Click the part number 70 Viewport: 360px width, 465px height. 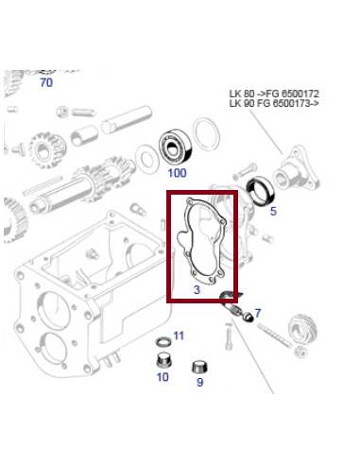(x=45, y=83)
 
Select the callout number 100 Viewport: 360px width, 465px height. (x=177, y=173)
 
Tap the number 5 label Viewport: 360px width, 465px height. (x=273, y=212)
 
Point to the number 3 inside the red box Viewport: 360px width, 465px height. (x=197, y=290)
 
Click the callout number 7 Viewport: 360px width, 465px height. (x=257, y=312)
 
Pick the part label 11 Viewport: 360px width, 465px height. (x=179, y=336)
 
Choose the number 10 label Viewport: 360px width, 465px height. (x=162, y=377)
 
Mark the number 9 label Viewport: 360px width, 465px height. (x=199, y=382)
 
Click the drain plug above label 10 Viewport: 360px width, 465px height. (x=162, y=360)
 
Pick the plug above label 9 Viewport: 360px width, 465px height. (x=199, y=366)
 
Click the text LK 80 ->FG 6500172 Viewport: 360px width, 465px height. (x=274, y=94)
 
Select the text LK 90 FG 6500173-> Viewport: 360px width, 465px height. (x=274, y=104)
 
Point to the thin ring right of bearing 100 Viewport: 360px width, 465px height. (x=206, y=133)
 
